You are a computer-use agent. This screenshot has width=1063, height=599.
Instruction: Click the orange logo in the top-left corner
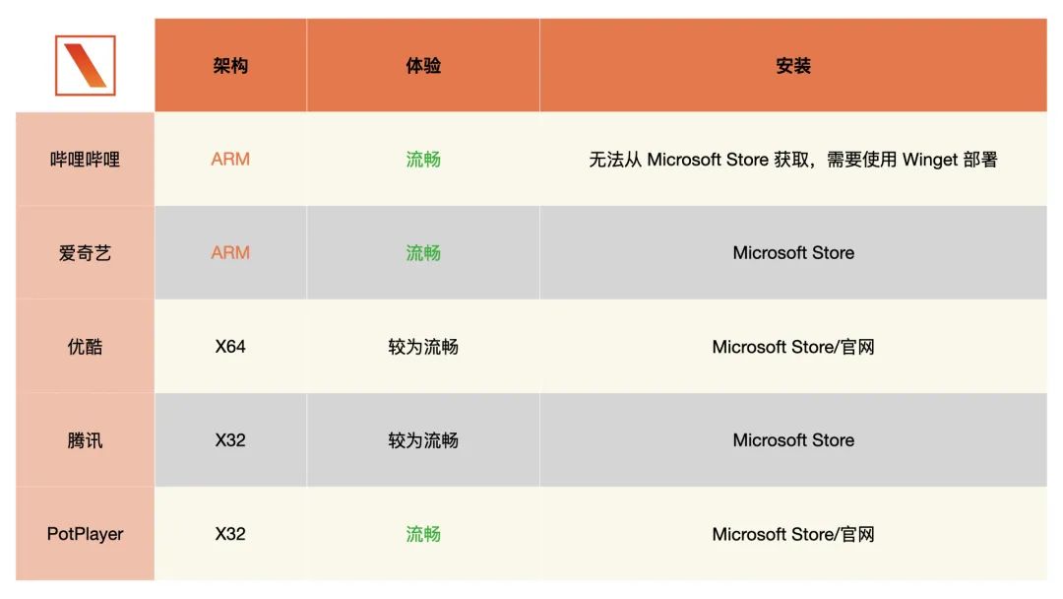pos(86,65)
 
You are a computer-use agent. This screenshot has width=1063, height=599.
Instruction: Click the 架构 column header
pos(230,66)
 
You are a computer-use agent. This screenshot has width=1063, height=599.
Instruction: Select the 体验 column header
pos(423,66)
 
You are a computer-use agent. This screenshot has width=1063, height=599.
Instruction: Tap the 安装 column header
pos(793,66)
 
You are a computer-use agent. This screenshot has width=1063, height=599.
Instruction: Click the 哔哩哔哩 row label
pos(86,160)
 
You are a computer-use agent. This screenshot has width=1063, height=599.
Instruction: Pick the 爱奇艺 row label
pos(86,253)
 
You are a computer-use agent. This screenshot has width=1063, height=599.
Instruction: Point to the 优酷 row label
pos(86,347)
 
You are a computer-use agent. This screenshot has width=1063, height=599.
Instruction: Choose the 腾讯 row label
pos(86,440)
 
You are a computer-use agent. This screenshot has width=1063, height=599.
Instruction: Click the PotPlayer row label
pos(86,534)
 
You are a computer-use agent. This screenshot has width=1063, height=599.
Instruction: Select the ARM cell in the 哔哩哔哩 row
pos(230,160)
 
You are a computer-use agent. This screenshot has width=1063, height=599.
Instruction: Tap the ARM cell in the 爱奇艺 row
pos(230,253)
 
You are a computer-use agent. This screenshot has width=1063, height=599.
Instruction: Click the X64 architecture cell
pos(230,347)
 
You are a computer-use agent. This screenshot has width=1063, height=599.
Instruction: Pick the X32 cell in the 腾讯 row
pos(230,440)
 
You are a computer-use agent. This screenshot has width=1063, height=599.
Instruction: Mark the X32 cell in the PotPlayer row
pos(230,534)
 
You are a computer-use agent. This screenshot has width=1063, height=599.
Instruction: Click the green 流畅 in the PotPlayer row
pos(423,534)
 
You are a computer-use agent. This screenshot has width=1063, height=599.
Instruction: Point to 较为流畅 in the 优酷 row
pos(423,347)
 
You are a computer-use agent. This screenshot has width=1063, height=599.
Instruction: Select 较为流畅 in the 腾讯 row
pos(423,440)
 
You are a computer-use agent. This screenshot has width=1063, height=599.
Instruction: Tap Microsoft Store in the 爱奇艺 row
pos(793,253)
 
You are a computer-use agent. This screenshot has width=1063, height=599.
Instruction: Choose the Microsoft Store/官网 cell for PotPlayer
pos(793,534)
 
